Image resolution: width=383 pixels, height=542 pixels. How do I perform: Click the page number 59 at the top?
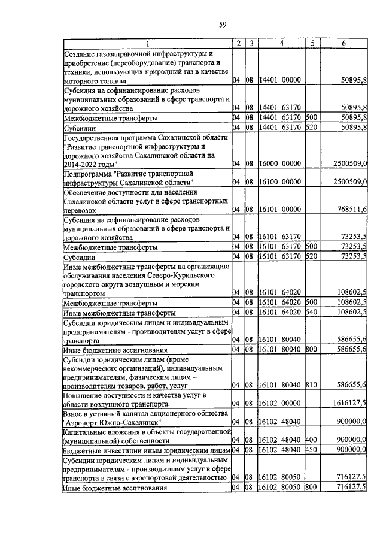coord(222,25)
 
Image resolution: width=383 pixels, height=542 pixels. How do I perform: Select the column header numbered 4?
coord(281,43)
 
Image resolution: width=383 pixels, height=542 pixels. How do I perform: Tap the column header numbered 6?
coord(343,43)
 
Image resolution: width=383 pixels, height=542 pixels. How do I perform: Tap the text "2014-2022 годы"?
coord(90,163)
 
